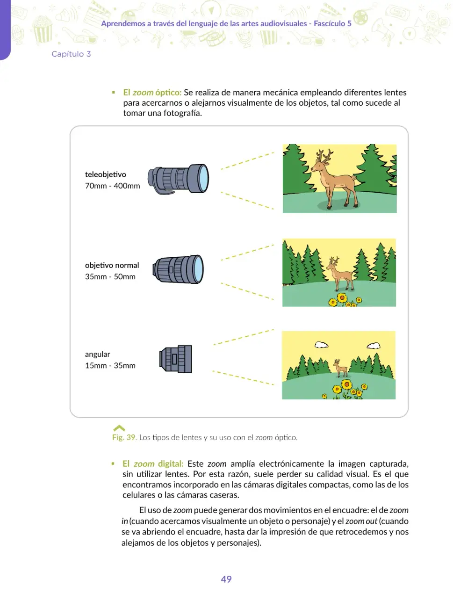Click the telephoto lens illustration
coord(178,179)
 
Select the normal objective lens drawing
coord(178,269)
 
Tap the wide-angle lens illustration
coord(176,359)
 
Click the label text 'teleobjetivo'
coord(106,174)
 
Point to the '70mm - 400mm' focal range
coord(112,186)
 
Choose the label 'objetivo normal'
coord(112,265)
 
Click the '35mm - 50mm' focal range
coord(110,276)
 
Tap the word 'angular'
coord(97,355)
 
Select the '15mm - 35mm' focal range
coord(110,365)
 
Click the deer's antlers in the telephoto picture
coord(324,155)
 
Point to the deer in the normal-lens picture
coord(339,274)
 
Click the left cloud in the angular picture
coord(322,345)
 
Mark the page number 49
coord(226,579)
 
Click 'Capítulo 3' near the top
coord(71,54)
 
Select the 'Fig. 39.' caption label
coord(124,437)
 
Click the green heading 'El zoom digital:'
coord(153,463)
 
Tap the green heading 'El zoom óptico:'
coord(152,92)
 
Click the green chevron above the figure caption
coord(119,428)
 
